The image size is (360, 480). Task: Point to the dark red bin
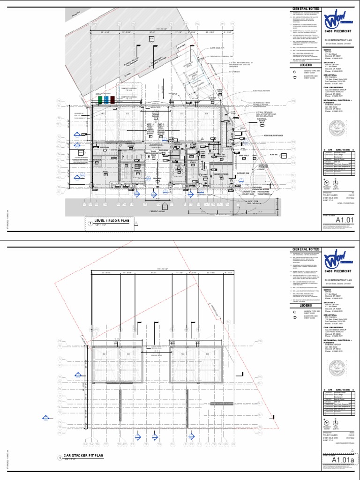112,100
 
